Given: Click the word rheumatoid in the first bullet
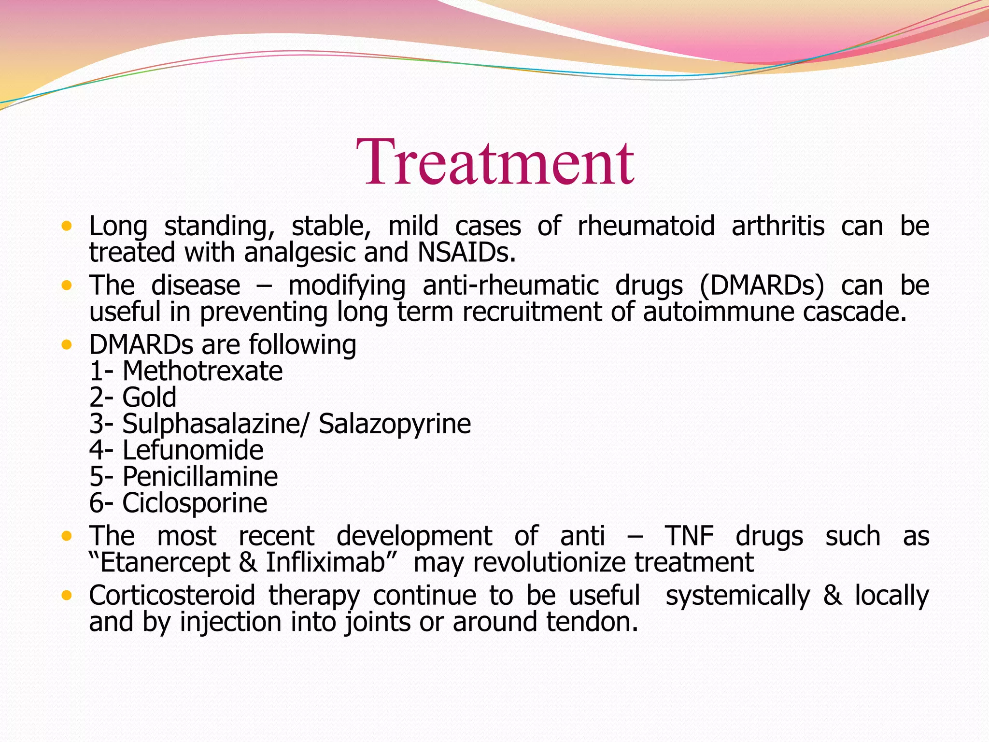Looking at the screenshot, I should tap(646, 226).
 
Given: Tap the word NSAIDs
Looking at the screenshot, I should tap(466, 253).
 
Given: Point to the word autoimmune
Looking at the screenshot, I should tap(718, 312).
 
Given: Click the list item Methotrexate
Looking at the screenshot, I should tap(202, 371).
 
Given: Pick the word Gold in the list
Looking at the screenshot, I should tap(149, 398).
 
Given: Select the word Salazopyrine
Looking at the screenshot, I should tap(395, 424).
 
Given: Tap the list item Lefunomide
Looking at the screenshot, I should tap(193, 450).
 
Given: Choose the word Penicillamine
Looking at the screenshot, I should tap(200, 477).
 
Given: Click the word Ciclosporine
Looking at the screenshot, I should tap(194, 503).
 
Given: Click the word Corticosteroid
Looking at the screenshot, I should tap(172, 595).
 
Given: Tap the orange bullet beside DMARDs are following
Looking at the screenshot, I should tap(67, 345).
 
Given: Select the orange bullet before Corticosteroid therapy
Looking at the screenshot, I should tap(67, 596).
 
